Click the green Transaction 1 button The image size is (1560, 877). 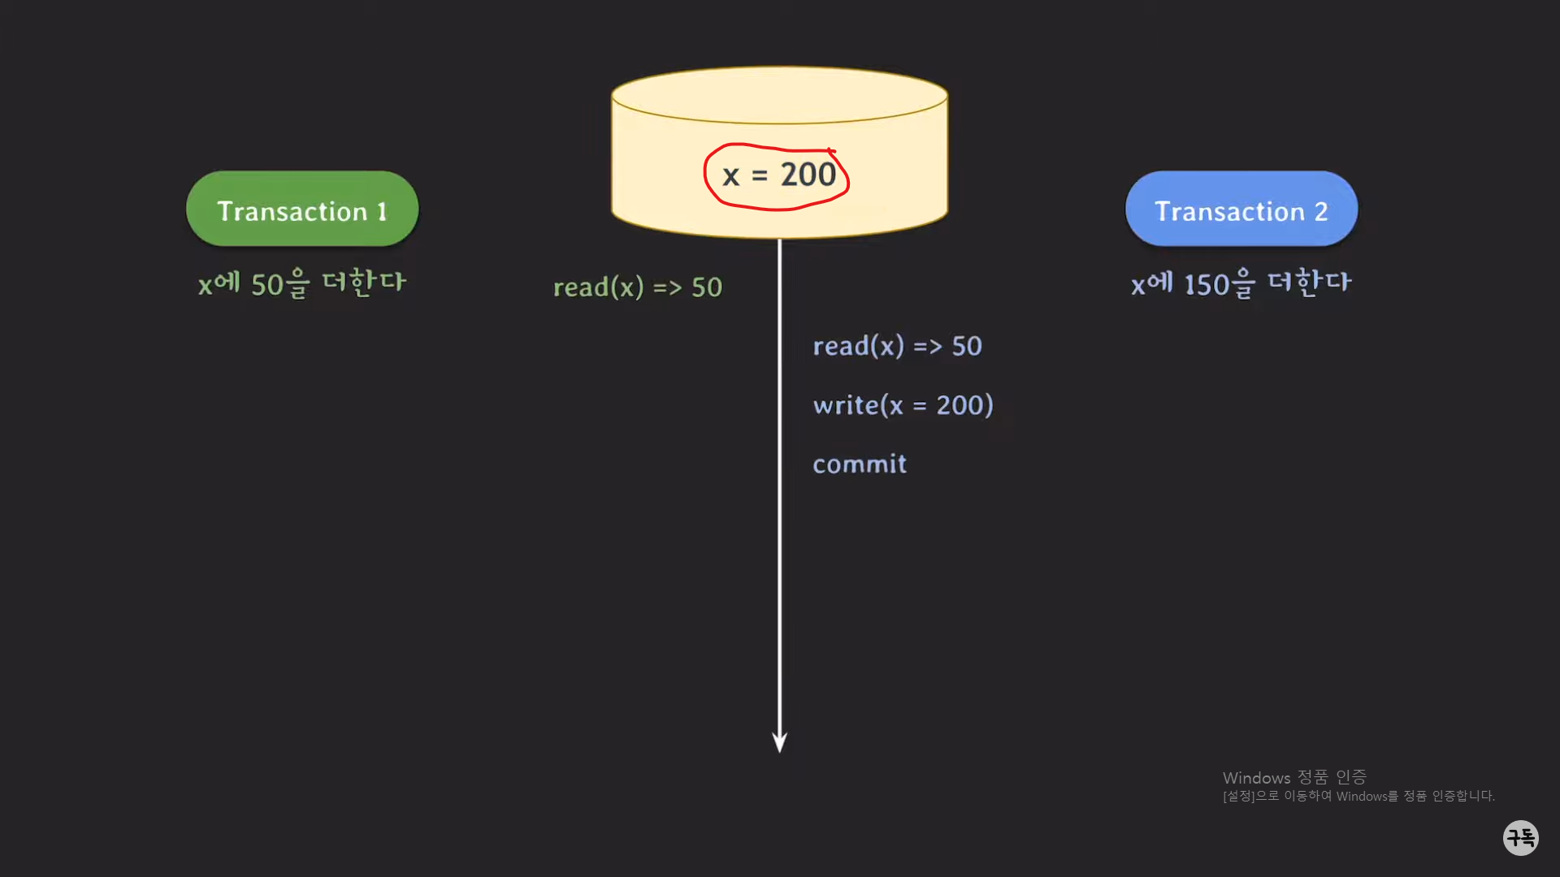click(302, 209)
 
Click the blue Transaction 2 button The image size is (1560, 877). click(1241, 209)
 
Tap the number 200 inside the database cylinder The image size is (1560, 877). click(808, 175)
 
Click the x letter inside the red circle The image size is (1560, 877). click(730, 176)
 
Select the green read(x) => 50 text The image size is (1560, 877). click(637, 287)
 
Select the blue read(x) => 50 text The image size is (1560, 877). click(897, 346)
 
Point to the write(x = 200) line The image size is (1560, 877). click(903, 404)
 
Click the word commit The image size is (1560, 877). click(860, 464)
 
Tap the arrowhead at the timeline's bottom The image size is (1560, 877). click(779, 742)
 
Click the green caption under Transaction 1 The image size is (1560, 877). click(302, 283)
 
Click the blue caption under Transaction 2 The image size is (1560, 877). click(1241, 283)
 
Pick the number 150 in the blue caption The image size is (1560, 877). click(1207, 285)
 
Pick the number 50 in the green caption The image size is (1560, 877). click(266, 285)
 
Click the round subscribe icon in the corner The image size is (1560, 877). click(1520, 837)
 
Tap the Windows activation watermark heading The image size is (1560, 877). click(1293, 777)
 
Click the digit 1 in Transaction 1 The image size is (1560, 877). click(381, 212)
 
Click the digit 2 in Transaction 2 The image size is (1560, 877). click(1320, 212)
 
